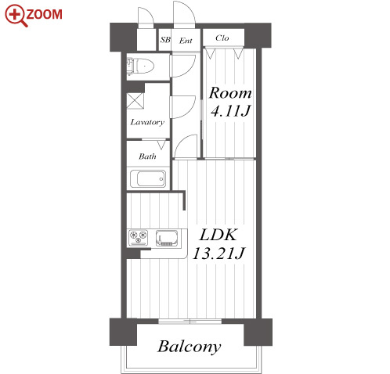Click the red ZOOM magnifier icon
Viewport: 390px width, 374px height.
tap(16, 16)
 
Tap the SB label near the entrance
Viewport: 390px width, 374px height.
tap(165, 40)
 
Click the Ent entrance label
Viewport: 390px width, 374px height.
tap(186, 41)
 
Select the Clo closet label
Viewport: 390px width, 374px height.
tap(222, 38)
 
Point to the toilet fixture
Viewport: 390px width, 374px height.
tap(140, 66)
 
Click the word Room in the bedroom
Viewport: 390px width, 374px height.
tap(230, 93)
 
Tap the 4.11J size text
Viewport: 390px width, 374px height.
tap(230, 111)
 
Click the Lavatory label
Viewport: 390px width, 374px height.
tap(147, 122)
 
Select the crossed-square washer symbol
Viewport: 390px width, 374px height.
tap(135, 101)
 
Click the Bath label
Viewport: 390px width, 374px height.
tap(147, 156)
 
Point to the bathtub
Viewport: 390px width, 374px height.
tap(148, 178)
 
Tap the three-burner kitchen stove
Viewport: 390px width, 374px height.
tap(138, 238)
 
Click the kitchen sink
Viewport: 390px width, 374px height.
tap(167, 238)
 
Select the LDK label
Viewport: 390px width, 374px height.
tap(218, 235)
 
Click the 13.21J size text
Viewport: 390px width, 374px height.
tap(218, 253)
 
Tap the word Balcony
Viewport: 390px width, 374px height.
tap(190, 347)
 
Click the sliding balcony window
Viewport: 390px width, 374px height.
tap(190, 321)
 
